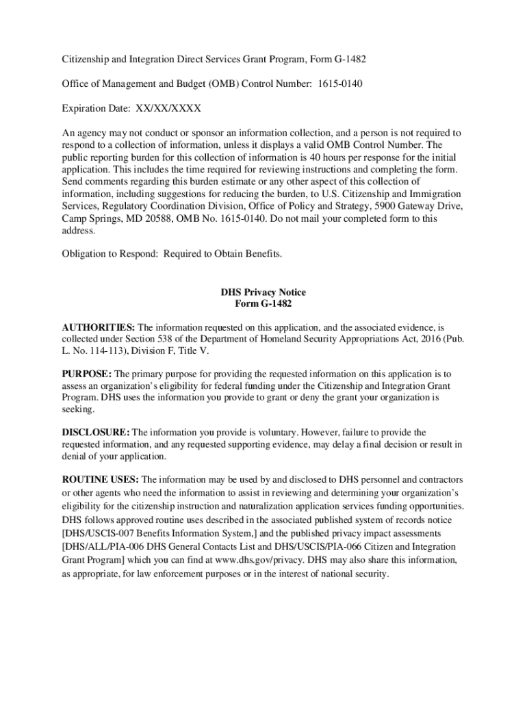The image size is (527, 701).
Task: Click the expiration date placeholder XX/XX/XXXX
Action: click(169, 108)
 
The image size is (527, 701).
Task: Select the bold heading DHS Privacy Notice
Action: click(263, 292)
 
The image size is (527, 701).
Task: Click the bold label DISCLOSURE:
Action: click(96, 433)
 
